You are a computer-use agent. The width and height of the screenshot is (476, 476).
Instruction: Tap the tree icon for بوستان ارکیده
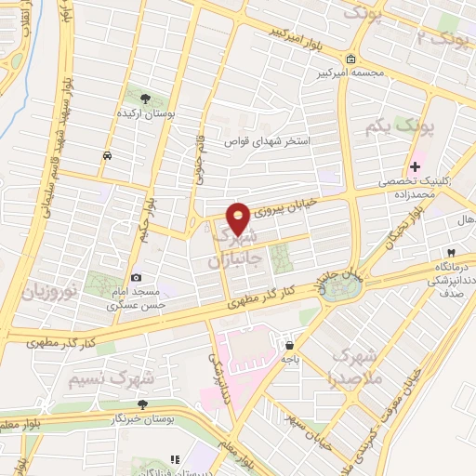click(x=143, y=98)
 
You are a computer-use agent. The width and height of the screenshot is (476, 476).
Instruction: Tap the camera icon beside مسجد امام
click(x=137, y=277)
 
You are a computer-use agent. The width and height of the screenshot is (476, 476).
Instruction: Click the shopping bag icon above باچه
click(x=290, y=342)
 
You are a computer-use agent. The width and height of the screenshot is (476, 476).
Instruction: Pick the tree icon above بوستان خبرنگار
click(x=142, y=403)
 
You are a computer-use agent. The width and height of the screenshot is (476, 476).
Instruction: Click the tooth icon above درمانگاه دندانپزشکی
click(x=450, y=253)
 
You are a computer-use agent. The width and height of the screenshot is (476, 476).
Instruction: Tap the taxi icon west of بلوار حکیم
click(x=109, y=155)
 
